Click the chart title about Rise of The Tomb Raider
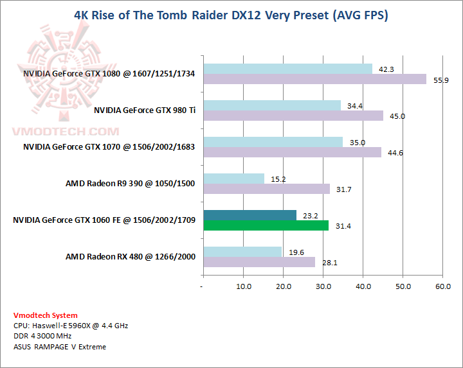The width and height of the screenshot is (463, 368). coord(232,15)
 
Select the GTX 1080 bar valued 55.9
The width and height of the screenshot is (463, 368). coord(314,79)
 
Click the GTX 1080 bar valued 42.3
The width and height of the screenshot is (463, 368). coord(287,69)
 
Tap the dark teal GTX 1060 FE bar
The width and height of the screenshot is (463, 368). coord(250,215)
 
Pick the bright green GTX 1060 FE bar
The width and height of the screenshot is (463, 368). coord(266,225)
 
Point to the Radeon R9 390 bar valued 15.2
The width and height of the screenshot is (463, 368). coord(233,179)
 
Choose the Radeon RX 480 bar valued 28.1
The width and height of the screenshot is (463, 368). coord(259,262)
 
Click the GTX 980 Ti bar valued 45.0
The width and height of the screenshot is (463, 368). coord(293,116)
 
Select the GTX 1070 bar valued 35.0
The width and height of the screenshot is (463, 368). coord(273,142)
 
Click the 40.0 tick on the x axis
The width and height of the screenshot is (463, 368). coord(363,286)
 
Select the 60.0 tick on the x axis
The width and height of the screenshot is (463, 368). coord(443,286)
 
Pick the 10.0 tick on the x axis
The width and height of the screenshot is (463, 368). coord(243,286)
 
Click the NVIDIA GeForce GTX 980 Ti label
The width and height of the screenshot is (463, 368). coord(144,110)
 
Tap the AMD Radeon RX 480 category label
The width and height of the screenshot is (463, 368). coord(130,257)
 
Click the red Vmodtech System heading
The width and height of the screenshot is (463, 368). coord(46,315)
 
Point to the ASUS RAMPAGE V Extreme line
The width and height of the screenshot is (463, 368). coord(59,347)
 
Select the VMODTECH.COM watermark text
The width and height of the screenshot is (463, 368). coord(66,132)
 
